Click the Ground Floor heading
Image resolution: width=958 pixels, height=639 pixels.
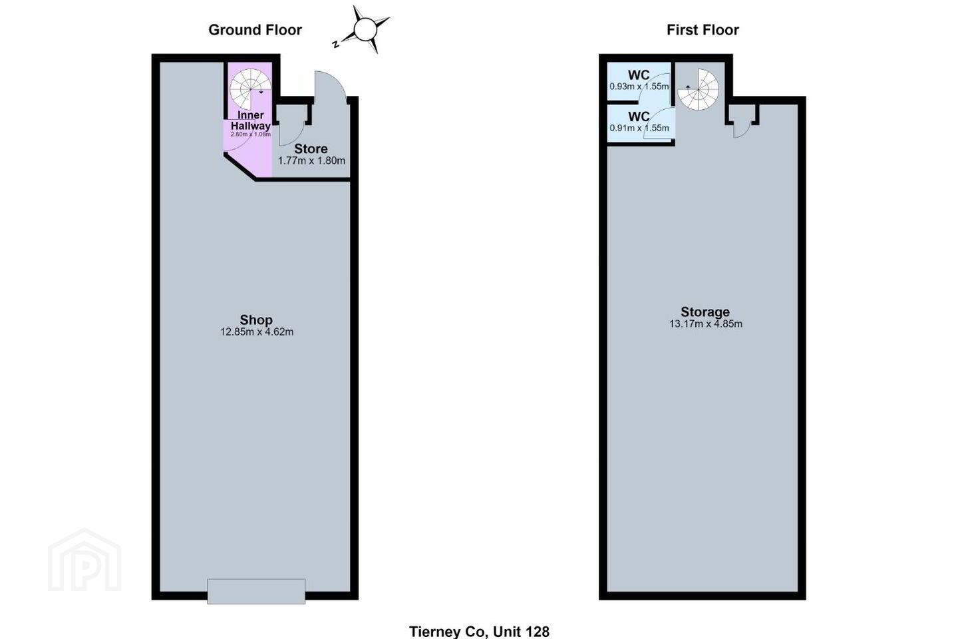[x=255, y=30]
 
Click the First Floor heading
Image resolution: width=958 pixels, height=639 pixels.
[x=703, y=30]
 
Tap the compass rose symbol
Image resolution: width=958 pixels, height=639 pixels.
[x=366, y=29]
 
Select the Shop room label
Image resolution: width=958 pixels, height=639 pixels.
[x=256, y=319]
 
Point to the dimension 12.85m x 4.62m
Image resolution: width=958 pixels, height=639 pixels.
[x=257, y=331]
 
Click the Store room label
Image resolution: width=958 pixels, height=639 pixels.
[x=311, y=149]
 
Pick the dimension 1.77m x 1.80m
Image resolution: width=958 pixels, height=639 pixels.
[x=311, y=161]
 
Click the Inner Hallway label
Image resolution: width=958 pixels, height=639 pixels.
[x=251, y=120]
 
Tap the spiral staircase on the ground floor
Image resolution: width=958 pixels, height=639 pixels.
[x=250, y=89]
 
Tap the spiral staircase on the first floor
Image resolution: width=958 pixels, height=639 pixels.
[x=698, y=89]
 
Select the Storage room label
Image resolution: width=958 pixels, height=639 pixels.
[x=705, y=312]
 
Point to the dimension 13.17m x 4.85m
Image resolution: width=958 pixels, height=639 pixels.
[x=706, y=323]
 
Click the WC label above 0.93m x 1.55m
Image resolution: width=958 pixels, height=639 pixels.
[x=639, y=75]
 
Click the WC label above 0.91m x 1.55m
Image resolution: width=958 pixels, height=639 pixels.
[x=639, y=116]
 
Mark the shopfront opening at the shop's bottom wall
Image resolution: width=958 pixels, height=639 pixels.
[x=256, y=592]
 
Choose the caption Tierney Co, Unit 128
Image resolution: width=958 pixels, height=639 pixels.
[x=479, y=632]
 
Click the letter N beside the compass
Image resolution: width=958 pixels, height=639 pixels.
[x=336, y=44]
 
